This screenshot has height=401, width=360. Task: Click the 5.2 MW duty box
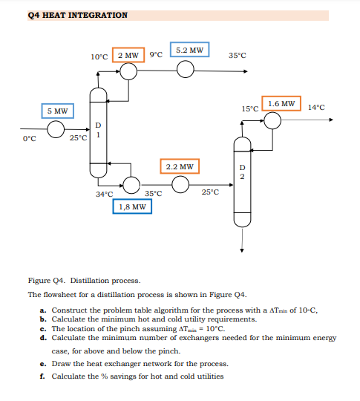tap(189, 50)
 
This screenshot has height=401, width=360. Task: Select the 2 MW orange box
tap(128, 56)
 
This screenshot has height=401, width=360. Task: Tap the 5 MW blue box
tap(57, 111)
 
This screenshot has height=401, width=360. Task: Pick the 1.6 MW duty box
tap(281, 103)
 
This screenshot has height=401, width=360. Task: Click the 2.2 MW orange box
tap(179, 167)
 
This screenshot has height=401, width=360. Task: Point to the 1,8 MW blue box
tap(132, 206)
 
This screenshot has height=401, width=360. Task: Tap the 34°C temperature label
tap(104, 195)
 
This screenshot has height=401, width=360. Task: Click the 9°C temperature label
tap(155, 56)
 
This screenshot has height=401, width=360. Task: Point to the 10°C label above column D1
tap(99, 56)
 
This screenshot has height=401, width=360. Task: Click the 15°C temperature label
tap(251, 108)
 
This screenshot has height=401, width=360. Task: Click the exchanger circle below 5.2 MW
tap(186, 70)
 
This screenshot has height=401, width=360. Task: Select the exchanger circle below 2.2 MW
tap(179, 183)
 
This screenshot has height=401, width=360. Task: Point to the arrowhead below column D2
tap(241, 251)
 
